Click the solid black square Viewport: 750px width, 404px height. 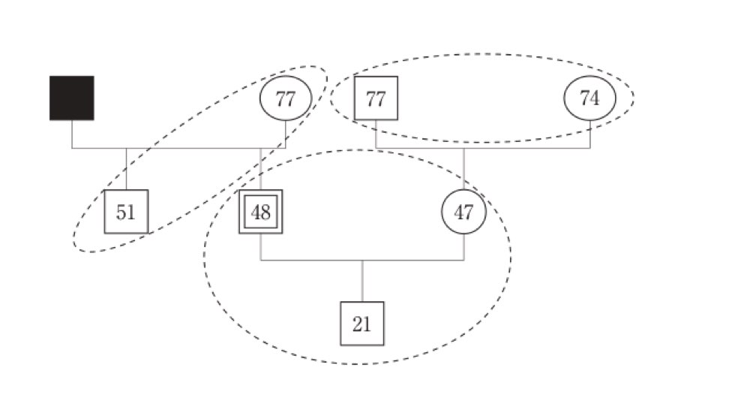tap(72, 98)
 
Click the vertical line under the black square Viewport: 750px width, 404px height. tap(72, 134)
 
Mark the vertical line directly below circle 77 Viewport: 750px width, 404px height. tap(286, 134)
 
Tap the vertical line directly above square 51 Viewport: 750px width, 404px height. tap(126, 169)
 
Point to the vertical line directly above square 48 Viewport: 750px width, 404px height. tap(261, 169)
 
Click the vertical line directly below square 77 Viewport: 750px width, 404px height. tap(376, 134)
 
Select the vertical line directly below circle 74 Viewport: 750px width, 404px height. tap(589, 134)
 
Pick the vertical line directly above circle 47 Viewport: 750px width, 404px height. tap(463, 169)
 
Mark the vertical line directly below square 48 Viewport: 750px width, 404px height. tap(261, 247)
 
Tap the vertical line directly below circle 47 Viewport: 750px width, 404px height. tap(463, 247)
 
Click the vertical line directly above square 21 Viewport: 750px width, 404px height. tap(362, 281)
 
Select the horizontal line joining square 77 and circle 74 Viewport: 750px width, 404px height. tap(483, 149)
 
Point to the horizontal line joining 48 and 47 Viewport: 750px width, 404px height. tap(362, 261)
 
